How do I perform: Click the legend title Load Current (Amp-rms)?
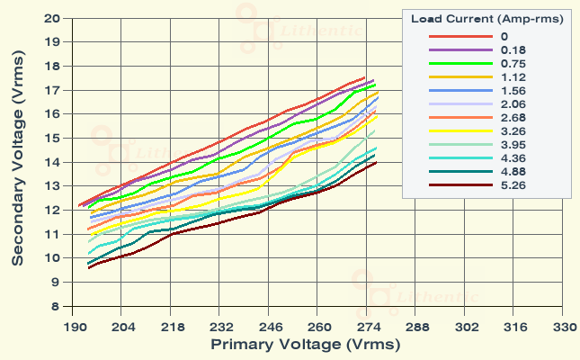(486, 18)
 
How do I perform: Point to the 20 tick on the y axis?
(53, 18)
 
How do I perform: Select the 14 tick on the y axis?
(53, 162)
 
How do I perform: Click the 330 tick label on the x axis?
(564, 328)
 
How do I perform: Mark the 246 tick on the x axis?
(270, 328)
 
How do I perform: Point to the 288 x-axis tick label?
(417, 328)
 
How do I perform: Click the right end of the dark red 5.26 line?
(376, 162)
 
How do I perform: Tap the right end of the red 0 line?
(365, 77)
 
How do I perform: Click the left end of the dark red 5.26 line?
(88, 268)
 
